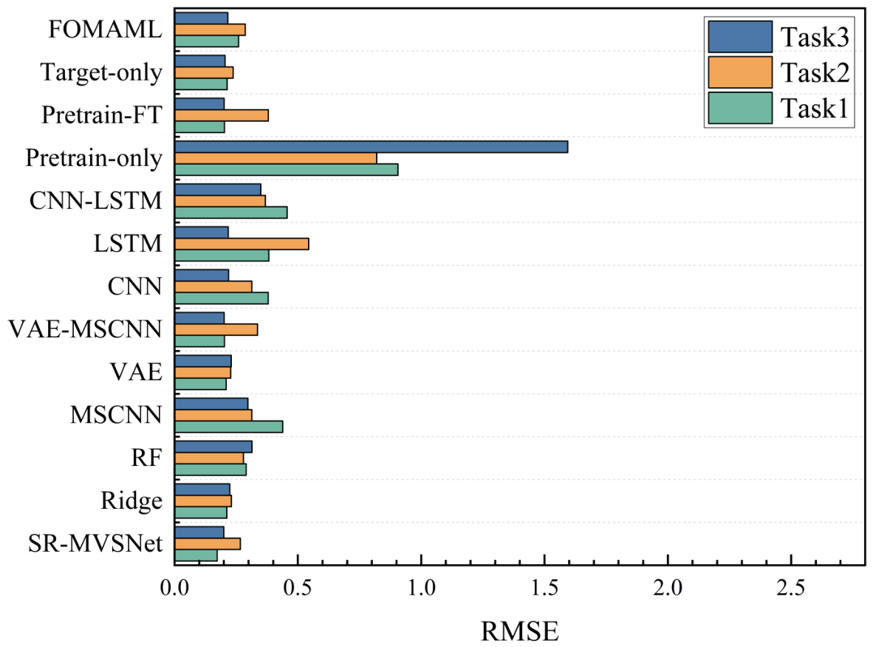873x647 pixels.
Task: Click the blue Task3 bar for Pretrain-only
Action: [x=371, y=146]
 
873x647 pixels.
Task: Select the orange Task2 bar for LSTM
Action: [x=242, y=244]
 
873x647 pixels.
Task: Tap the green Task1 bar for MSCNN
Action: [x=229, y=426]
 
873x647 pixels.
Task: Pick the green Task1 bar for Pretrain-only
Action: [x=286, y=169]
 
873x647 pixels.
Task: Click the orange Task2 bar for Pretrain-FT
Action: [x=222, y=115]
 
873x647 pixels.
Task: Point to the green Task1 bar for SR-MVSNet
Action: [x=196, y=555]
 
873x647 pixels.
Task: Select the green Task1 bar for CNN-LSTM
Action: [x=231, y=212]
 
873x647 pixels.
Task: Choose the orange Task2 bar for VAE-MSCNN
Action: [x=216, y=329]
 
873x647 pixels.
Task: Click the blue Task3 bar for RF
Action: [x=213, y=447]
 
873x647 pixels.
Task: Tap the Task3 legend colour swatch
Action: [x=740, y=37]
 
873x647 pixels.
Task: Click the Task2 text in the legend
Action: [x=815, y=72]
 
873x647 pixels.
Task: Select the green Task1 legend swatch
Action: [x=740, y=108]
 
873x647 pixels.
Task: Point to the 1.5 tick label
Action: [x=544, y=588]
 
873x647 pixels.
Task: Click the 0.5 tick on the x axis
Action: [x=298, y=561]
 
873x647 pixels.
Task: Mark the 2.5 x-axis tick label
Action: [x=791, y=588]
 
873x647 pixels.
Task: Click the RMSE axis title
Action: [x=519, y=631]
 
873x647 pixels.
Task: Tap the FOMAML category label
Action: [x=105, y=30]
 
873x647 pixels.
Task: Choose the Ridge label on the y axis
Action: [x=131, y=501]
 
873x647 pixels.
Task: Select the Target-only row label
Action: [x=101, y=72]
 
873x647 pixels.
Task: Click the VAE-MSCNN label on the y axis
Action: [x=85, y=329]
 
